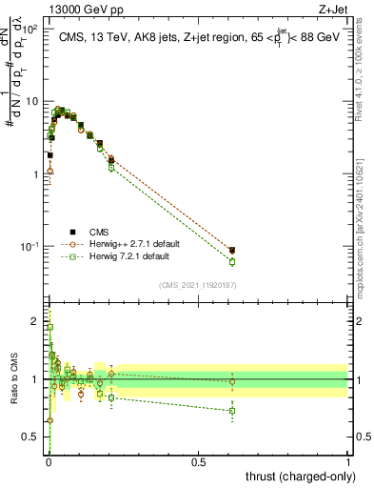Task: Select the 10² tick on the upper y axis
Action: (x=32, y=30)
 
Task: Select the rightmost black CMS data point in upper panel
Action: (x=232, y=250)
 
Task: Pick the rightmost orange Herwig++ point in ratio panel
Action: (x=232, y=382)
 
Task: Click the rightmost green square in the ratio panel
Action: (x=232, y=411)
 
